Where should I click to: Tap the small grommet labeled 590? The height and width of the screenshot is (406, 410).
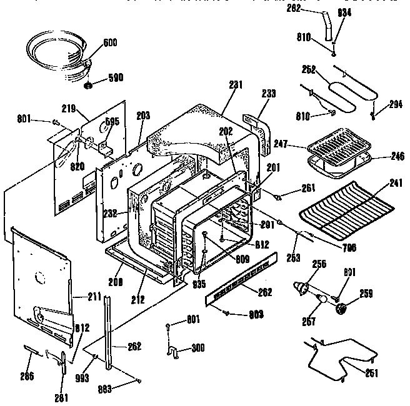pyautogui.click(x=89, y=84)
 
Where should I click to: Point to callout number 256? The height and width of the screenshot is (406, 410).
pyautogui.click(x=318, y=264)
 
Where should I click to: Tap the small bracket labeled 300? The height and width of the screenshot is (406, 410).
pyautogui.click(x=174, y=354)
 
